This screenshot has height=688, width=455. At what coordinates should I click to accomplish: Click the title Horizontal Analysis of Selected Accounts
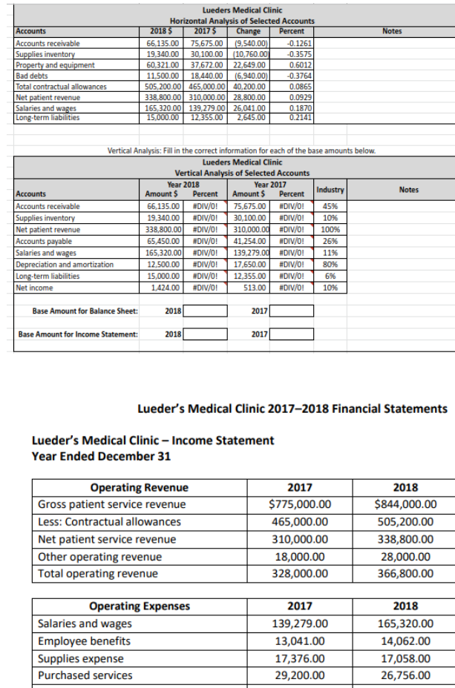tap(242, 21)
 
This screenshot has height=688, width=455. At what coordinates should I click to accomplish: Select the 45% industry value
tap(332, 206)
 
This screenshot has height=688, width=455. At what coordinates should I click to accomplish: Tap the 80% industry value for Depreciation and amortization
tap(332, 264)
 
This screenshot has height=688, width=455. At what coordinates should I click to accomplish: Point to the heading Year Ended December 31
tap(102, 456)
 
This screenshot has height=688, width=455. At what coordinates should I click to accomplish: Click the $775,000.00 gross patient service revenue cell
tap(300, 505)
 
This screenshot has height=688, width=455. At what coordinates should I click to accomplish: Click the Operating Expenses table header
tap(140, 606)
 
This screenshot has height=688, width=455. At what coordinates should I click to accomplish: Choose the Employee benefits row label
tap(85, 641)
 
